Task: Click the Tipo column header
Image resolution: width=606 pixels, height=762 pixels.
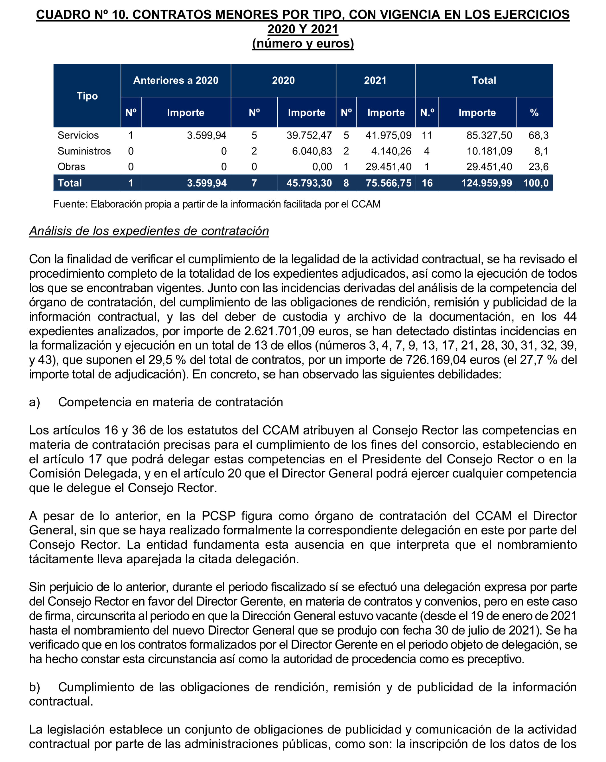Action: [x=87, y=96]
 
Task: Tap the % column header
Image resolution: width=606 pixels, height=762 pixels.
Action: [x=534, y=112]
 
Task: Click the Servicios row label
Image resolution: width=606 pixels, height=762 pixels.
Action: [x=78, y=135]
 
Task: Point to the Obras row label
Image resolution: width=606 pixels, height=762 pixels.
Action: [x=71, y=166]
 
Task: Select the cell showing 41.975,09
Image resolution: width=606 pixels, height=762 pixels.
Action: [x=388, y=135]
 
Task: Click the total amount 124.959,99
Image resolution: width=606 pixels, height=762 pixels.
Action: [x=486, y=183]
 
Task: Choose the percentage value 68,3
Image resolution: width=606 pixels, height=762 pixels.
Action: [x=538, y=135]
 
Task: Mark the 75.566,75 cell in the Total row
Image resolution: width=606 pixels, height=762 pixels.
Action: [x=388, y=183]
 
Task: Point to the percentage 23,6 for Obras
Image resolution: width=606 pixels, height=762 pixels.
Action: [x=538, y=166]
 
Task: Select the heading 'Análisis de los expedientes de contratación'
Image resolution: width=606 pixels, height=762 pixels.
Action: [x=149, y=231]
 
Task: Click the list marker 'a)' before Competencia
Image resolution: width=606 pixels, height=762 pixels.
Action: [x=34, y=402]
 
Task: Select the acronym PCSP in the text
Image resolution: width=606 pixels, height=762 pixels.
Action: [x=218, y=516]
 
